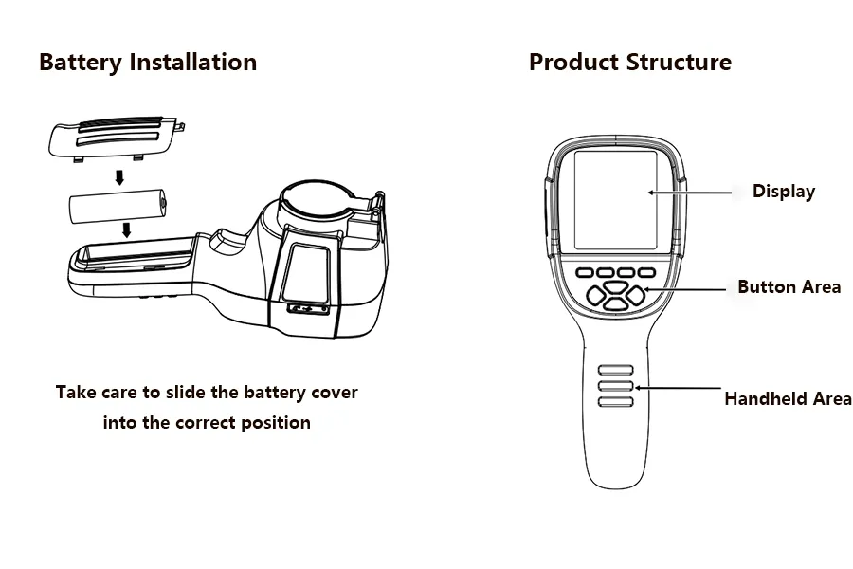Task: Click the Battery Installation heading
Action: click(x=148, y=63)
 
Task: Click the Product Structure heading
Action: click(x=630, y=62)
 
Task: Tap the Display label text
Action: click(x=784, y=192)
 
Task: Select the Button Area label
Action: click(x=789, y=287)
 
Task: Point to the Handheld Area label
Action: click(x=789, y=398)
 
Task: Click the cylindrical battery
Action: click(x=118, y=207)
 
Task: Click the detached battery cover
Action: click(x=117, y=138)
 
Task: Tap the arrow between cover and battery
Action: click(x=119, y=177)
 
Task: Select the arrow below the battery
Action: click(x=126, y=229)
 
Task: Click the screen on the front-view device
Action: click(x=615, y=200)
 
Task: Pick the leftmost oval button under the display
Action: click(x=585, y=272)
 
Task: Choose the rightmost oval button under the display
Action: click(x=646, y=272)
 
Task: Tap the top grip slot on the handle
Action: click(x=616, y=370)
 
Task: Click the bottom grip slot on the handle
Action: click(x=616, y=402)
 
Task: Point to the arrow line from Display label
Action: click(x=690, y=193)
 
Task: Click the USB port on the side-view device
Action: click(x=308, y=309)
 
